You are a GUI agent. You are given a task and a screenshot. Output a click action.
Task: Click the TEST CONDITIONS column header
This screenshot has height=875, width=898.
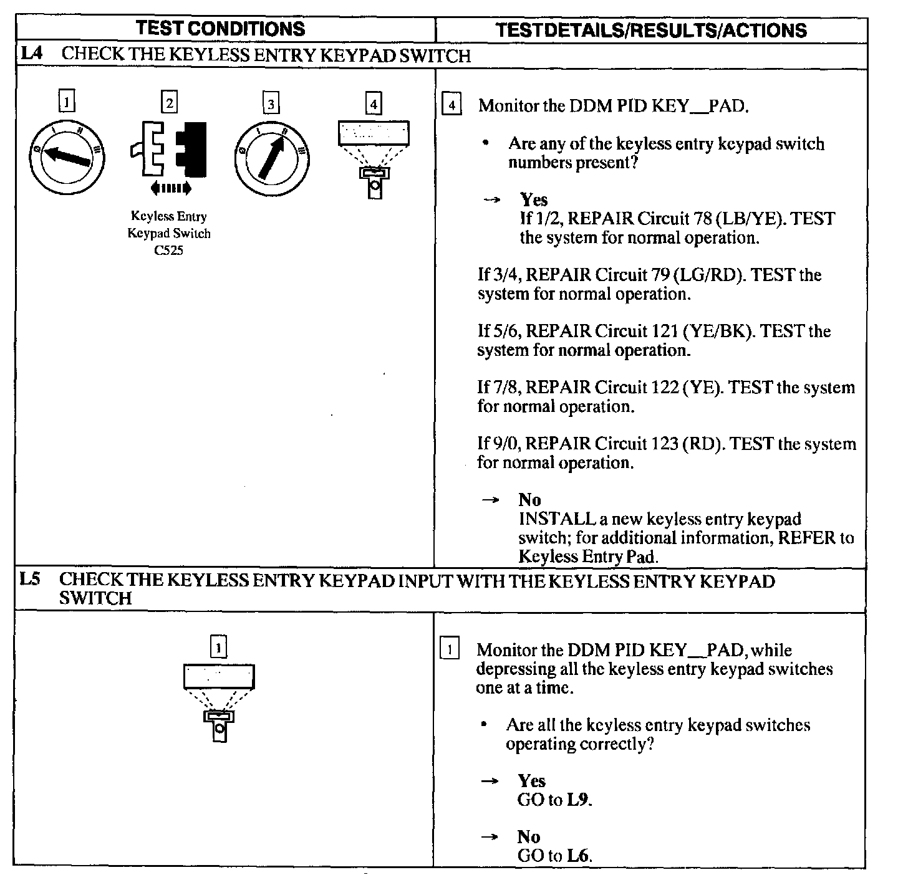220,28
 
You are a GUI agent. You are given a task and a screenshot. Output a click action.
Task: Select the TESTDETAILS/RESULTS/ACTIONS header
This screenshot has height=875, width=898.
650,30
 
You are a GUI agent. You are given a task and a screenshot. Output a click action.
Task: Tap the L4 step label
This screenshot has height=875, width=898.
31,54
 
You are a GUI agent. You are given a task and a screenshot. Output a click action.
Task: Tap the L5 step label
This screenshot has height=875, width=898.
30,579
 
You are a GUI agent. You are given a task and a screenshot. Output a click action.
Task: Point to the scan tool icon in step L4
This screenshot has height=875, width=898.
374,158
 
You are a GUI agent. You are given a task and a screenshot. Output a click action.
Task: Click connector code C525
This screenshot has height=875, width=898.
169,251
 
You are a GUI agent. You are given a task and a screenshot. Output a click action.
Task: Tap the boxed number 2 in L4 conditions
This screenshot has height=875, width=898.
169,102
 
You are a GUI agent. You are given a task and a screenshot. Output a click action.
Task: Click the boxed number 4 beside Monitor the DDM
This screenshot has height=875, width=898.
451,105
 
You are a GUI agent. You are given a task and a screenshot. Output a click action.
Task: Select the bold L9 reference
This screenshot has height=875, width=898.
578,800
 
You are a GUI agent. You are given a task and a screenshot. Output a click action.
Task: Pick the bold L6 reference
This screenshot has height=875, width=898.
578,856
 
